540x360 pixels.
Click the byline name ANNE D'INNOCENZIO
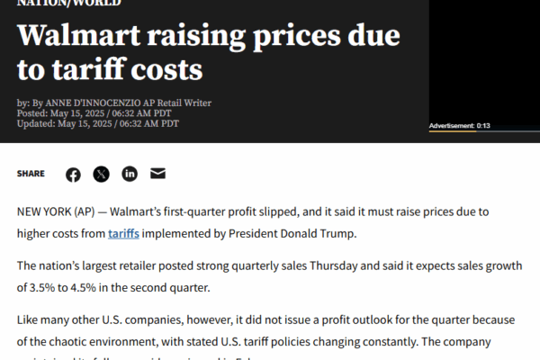click(x=107, y=103)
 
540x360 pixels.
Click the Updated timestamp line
click(x=98, y=124)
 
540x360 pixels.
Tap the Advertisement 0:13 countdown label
click(x=459, y=125)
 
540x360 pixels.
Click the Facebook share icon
click(x=73, y=174)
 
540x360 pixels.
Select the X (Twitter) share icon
click(x=101, y=174)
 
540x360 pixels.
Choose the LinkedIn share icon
click(x=130, y=174)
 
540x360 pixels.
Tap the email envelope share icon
click(x=157, y=174)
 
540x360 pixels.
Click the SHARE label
click(x=31, y=174)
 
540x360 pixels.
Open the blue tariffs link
click(x=123, y=234)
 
